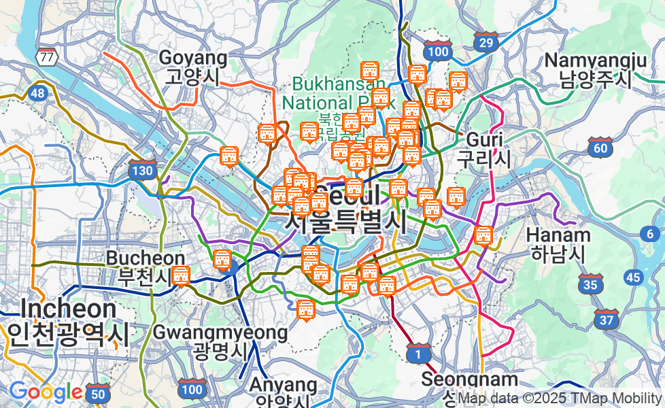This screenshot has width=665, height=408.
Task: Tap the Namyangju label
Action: pyautogui.click(x=595, y=69)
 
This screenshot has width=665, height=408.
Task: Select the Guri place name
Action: pyautogui.click(x=483, y=149)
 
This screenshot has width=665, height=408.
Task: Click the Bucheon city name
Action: pyautogui.click(x=146, y=267)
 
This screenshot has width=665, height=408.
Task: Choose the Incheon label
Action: pyautogui.click(x=68, y=320)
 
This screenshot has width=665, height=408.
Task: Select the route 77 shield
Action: pyautogui.click(x=47, y=56)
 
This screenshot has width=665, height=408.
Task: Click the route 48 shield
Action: pyautogui.click(x=37, y=93)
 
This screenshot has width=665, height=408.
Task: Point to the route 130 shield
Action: pyautogui.click(x=141, y=171)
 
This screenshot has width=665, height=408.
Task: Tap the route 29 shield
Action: pyautogui.click(x=485, y=43)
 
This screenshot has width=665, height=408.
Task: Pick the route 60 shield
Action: pyautogui.click(x=600, y=148)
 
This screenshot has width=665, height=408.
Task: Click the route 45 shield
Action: pyautogui.click(x=634, y=277)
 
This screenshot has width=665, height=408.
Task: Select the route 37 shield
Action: pyautogui.click(x=605, y=319)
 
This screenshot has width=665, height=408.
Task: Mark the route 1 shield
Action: pyautogui.click(x=418, y=354)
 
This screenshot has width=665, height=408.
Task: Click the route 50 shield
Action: pyautogui.click(x=99, y=393)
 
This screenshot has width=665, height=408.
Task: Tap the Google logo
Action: pyautogui.click(x=46, y=392)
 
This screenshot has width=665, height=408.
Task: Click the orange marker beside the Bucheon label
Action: pyautogui.click(x=180, y=276)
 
